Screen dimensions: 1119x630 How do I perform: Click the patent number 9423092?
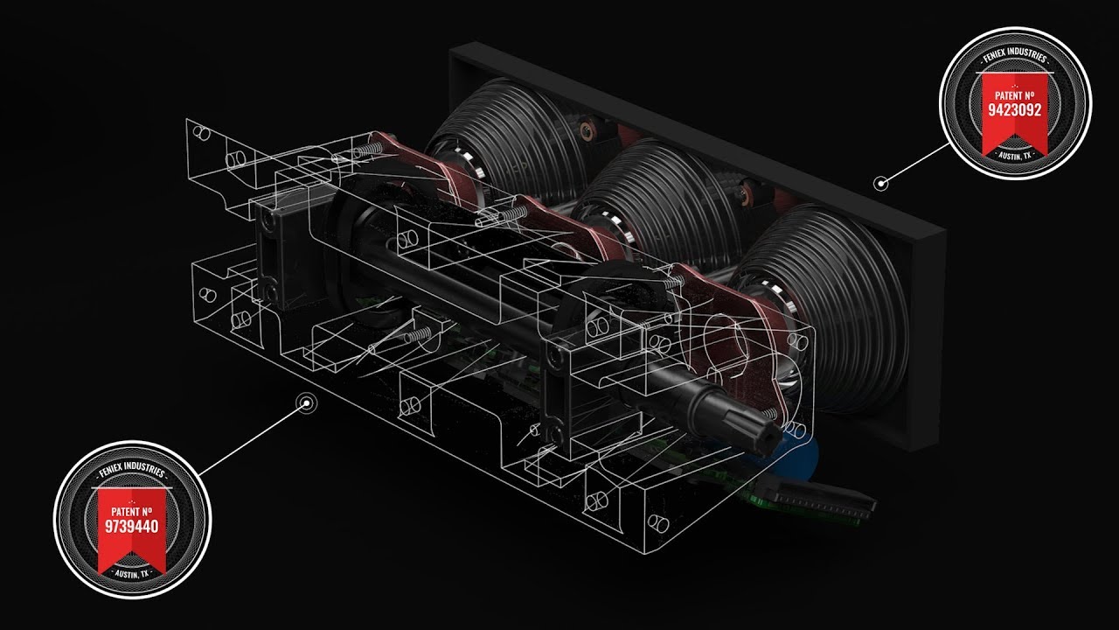(x=1015, y=110)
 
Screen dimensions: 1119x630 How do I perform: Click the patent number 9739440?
(x=132, y=526)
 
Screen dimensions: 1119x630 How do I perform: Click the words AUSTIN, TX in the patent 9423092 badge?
(x=1015, y=156)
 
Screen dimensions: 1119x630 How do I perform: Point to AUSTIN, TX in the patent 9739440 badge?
(x=132, y=574)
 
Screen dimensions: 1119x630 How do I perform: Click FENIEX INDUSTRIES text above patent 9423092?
(x=1015, y=55)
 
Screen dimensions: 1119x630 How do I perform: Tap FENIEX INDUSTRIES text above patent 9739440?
(x=132, y=471)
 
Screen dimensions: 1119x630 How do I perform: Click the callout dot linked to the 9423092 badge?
(x=880, y=184)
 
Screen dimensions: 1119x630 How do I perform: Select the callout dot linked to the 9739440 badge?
(x=306, y=403)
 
